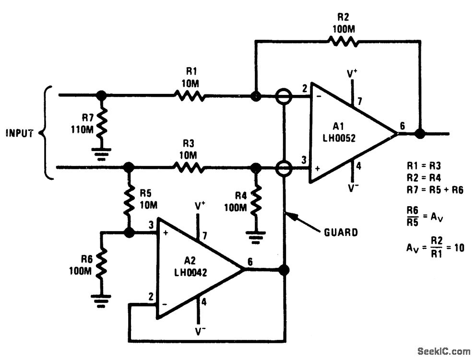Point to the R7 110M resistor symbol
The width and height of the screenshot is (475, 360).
(102, 123)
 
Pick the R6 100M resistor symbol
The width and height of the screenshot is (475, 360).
(102, 264)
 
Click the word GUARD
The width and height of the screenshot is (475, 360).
(341, 232)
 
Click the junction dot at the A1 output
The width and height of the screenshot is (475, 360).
(420, 134)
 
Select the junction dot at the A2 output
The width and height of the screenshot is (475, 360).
(285, 269)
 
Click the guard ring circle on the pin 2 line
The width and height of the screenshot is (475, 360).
(284, 96)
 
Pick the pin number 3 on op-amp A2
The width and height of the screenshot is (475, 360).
(151, 224)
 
